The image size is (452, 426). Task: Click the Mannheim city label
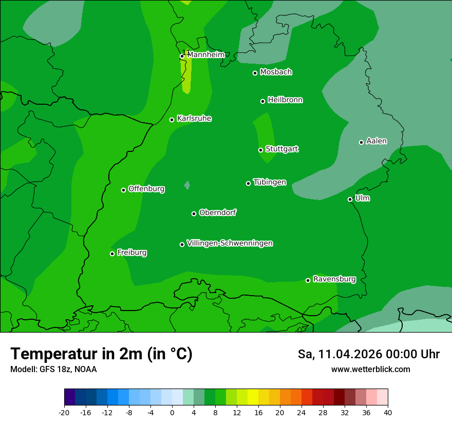tap(206, 54)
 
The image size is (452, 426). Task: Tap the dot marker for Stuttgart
tap(260, 150)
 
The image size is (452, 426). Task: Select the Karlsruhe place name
tap(194, 119)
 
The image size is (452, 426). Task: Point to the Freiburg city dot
tap(112, 254)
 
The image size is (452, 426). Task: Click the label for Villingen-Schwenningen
tap(230, 243)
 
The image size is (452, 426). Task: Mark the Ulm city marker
tap(350, 199)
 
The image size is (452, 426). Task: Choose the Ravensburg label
tap(334, 279)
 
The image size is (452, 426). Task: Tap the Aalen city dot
tap(361, 142)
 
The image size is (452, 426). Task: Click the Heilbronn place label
tap(285, 100)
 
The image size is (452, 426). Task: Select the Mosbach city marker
tap(255, 73)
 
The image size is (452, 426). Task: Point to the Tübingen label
tap(270, 182)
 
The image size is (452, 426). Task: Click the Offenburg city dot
tap(123, 190)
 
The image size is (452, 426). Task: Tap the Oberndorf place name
tap(218, 212)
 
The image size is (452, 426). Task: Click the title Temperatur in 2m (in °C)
tap(102, 354)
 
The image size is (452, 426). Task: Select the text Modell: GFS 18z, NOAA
tap(53, 369)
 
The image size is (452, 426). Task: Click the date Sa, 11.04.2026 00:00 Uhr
tap(369, 354)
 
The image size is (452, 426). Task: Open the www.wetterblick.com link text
tap(371, 369)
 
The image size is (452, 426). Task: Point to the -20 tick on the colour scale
tap(64, 412)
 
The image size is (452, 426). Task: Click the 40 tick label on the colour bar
tap(388, 412)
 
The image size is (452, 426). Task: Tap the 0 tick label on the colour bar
tap(172, 412)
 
